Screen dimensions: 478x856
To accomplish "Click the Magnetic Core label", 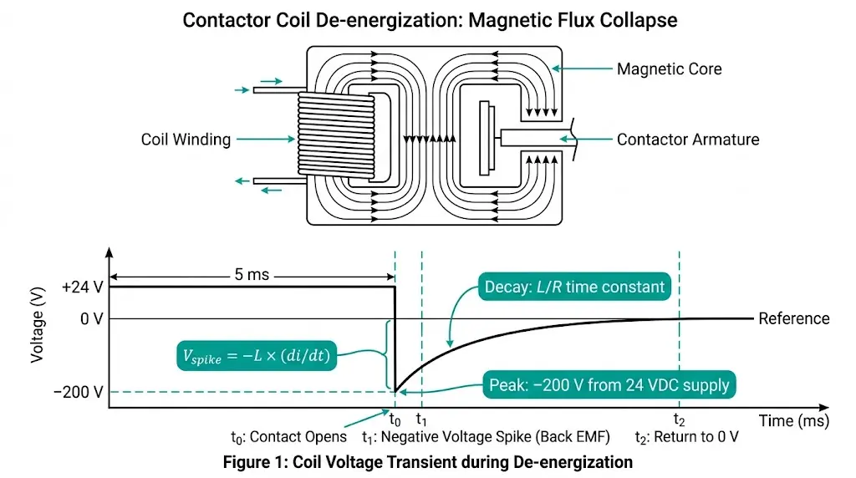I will pyautogui.click(x=669, y=69).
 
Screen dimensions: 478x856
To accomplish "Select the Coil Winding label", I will pyautogui.click(x=186, y=140).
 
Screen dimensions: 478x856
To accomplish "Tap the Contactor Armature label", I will pyautogui.click(x=688, y=140).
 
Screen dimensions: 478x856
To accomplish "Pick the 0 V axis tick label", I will pyautogui.click(x=92, y=318).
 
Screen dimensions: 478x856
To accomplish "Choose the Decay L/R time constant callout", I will pyautogui.click(x=575, y=288).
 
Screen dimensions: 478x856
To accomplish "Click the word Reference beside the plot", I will pyautogui.click(x=793, y=318).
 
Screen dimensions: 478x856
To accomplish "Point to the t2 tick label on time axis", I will pyautogui.click(x=679, y=420).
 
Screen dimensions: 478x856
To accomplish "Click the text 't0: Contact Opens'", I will pyautogui.click(x=288, y=437).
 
